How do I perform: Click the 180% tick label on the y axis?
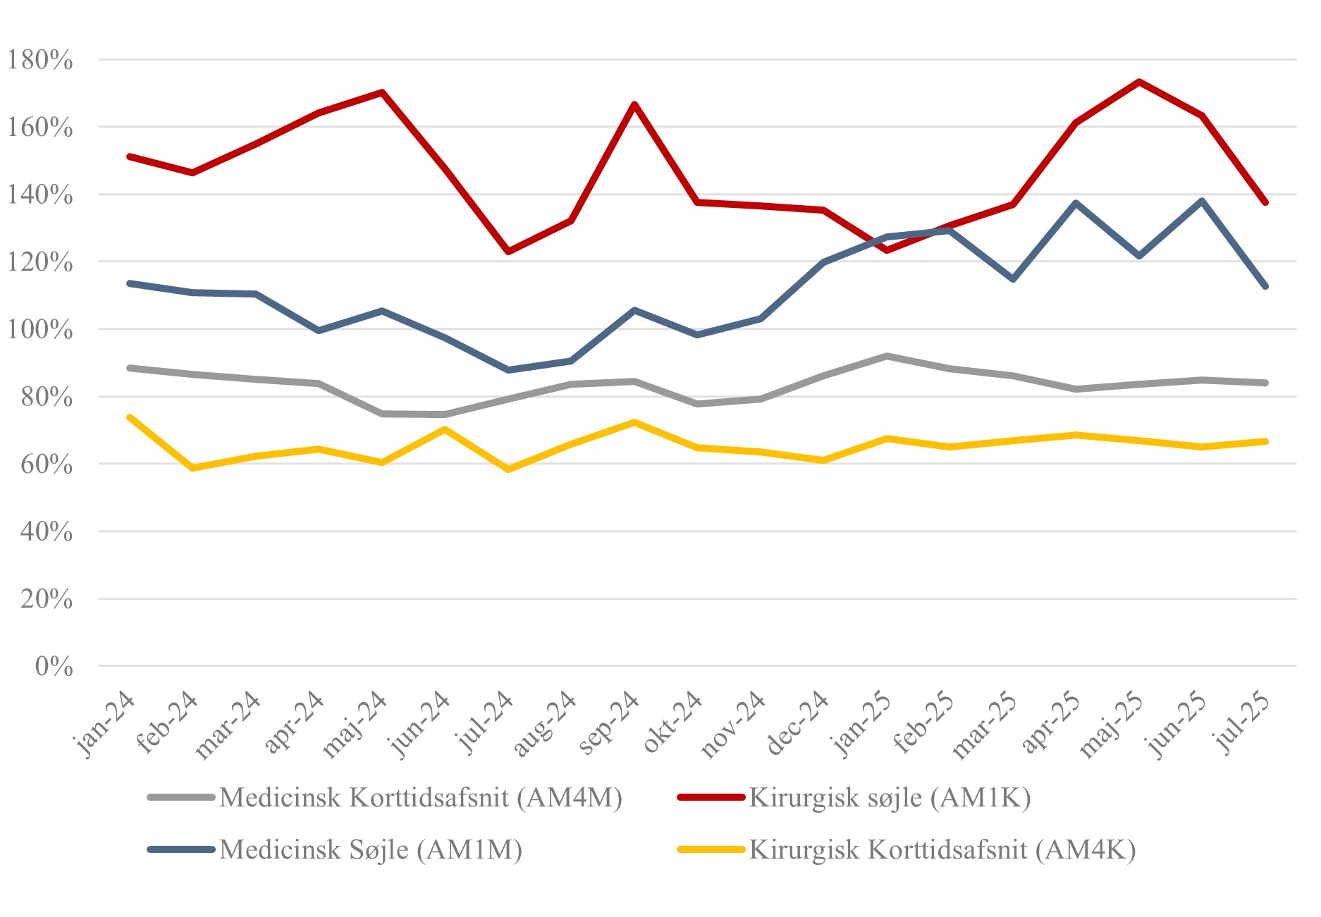click(x=40, y=60)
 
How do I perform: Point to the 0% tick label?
click(x=54, y=666)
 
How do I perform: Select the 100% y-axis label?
click(x=40, y=330)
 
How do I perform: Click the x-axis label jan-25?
click(x=862, y=724)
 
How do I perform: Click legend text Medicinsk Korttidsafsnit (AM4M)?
click(x=421, y=798)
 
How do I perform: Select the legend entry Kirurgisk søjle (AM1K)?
click(x=890, y=798)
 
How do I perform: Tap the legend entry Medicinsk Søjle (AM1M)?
click(x=371, y=849)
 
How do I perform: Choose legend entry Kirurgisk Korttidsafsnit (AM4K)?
click(x=942, y=849)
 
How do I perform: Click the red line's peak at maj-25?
click(x=1139, y=82)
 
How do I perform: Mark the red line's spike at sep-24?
click(x=634, y=104)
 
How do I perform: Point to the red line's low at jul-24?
click(x=508, y=252)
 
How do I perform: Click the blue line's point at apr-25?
click(x=1076, y=203)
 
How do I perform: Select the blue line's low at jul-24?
click(x=508, y=370)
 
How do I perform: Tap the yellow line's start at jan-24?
click(x=130, y=417)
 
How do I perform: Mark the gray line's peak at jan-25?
click(x=887, y=356)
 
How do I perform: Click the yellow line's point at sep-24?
click(x=634, y=422)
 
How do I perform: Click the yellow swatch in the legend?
click(x=711, y=849)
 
